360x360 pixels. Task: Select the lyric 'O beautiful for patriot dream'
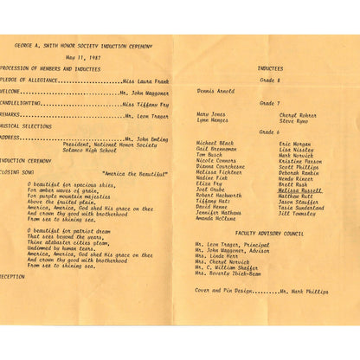click(x=67, y=231)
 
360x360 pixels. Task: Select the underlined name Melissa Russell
click(x=299, y=190)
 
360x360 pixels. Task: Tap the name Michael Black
click(x=215, y=143)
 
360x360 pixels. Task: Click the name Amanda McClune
click(x=216, y=219)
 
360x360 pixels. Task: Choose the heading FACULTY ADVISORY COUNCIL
click(x=269, y=233)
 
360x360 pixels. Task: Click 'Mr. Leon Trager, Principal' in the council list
click(x=232, y=245)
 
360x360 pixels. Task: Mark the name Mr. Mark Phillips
click(x=304, y=292)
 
